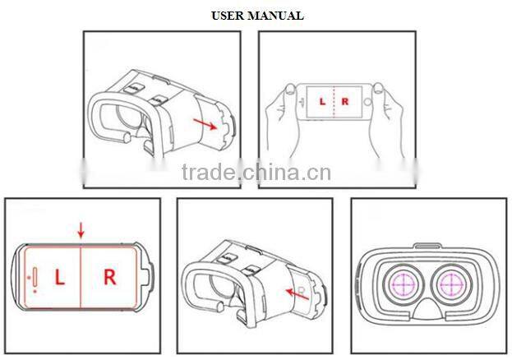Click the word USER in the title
[x=226, y=16]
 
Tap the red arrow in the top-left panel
[x=205, y=124]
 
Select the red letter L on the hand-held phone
[x=322, y=102]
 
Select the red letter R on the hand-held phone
[x=345, y=102]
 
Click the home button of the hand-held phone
[x=367, y=102]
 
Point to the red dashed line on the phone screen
[x=334, y=102]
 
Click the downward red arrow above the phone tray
[x=81, y=230]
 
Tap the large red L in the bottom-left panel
[x=59, y=277]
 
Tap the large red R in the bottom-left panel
[x=110, y=277]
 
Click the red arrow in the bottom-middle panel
[x=298, y=294]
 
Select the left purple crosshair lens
[x=404, y=284]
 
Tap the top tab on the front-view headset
[x=427, y=246]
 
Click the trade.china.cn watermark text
[x=256, y=173]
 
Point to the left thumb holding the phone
[x=290, y=90]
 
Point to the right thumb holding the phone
[x=378, y=89]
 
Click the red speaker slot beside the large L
[x=35, y=277]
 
